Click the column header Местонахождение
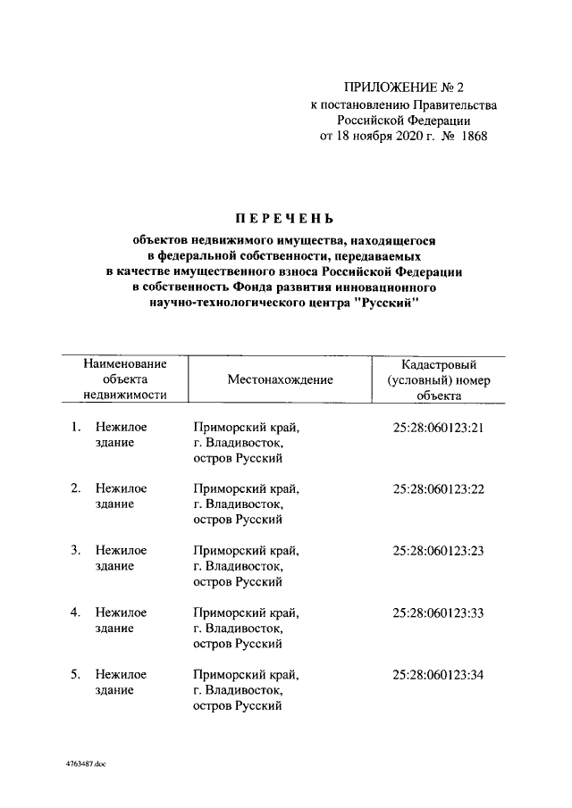click(x=280, y=379)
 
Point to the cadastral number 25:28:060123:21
click(x=438, y=428)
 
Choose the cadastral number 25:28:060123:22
click(x=438, y=489)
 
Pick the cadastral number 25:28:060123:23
click(x=438, y=551)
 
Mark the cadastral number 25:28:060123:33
click(x=438, y=612)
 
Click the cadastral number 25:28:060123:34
click(x=438, y=674)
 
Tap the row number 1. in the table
click(x=77, y=428)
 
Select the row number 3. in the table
click(x=77, y=551)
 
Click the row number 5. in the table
click(x=77, y=674)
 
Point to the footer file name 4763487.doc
click(x=86, y=764)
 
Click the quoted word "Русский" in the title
click(x=383, y=304)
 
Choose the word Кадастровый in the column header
click(x=438, y=364)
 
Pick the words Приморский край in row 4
click(x=246, y=612)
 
